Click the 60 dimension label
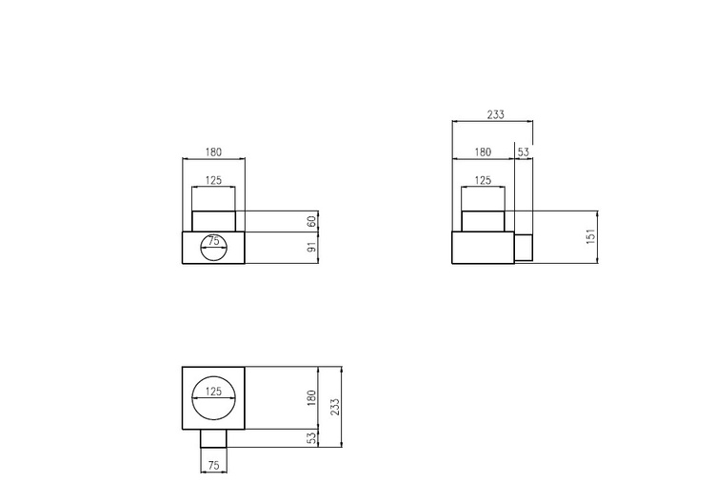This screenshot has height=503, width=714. click(x=312, y=221)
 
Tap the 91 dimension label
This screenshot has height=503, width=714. click(x=312, y=248)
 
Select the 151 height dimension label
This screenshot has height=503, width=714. click(x=590, y=236)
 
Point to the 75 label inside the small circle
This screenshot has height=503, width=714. click(x=213, y=241)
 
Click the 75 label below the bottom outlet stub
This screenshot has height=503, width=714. click(x=213, y=465)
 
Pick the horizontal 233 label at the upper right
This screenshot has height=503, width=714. click(x=496, y=114)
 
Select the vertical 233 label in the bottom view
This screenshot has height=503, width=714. click(x=335, y=407)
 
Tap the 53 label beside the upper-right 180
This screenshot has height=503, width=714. click(x=524, y=151)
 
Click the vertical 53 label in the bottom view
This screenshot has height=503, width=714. click(x=311, y=438)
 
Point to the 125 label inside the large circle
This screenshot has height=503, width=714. click(x=213, y=391)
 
